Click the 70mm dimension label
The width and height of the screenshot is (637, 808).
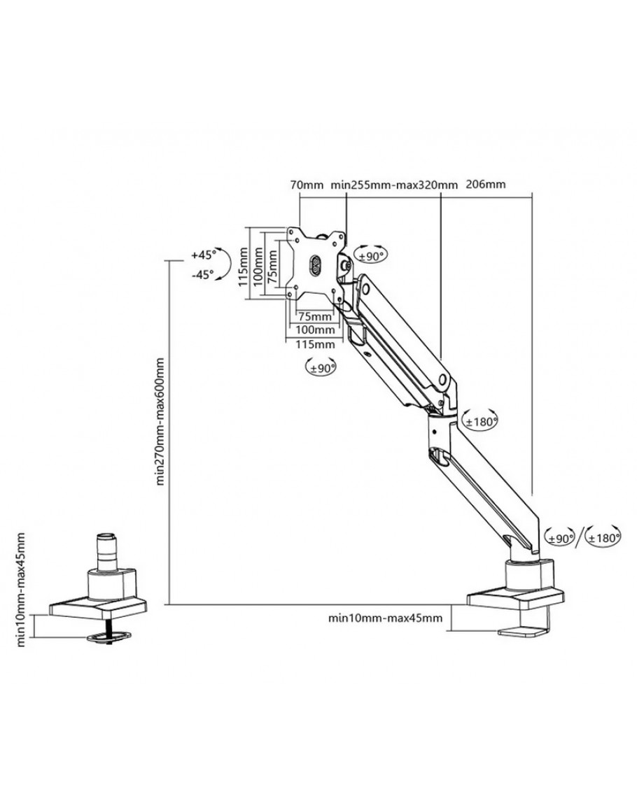click(306, 185)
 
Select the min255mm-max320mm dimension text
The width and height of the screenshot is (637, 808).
click(394, 185)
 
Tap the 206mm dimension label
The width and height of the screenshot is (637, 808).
click(485, 184)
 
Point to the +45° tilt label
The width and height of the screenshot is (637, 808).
click(202, 255)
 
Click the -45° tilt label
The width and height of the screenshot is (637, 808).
click(202, 275)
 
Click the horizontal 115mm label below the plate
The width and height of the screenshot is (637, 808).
click(315, 343)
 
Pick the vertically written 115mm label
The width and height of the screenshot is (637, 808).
click(244, 267)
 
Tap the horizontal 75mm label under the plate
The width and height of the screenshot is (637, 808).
click(315, 316)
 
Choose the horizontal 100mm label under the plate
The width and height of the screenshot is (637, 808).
click(315, 329)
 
